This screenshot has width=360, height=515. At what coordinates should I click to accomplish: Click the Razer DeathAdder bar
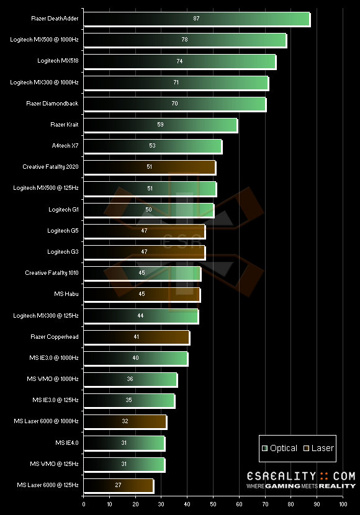(196, 19)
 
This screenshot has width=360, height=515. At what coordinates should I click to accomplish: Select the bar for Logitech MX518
(179, 61)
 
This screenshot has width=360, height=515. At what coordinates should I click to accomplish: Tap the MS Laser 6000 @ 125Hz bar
(118, 485)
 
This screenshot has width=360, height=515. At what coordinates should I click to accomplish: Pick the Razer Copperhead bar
(137, 337)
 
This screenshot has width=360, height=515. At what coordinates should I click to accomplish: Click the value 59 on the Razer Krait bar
(160, 125)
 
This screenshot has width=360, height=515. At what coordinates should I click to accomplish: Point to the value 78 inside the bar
(184, 40)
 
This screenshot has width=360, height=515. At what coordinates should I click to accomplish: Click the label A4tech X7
(65, 146)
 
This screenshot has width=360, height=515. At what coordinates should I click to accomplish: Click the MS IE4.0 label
(66, 442)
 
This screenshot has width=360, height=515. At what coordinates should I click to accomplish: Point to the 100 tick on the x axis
(343, 504)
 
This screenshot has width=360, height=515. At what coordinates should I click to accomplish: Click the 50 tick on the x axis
(213, 504)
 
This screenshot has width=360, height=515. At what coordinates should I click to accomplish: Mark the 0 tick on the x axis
(84, 504)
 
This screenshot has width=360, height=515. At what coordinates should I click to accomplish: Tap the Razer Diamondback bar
(175, 104)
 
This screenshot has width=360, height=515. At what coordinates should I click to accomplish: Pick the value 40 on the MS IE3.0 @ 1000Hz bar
(135, 358)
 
